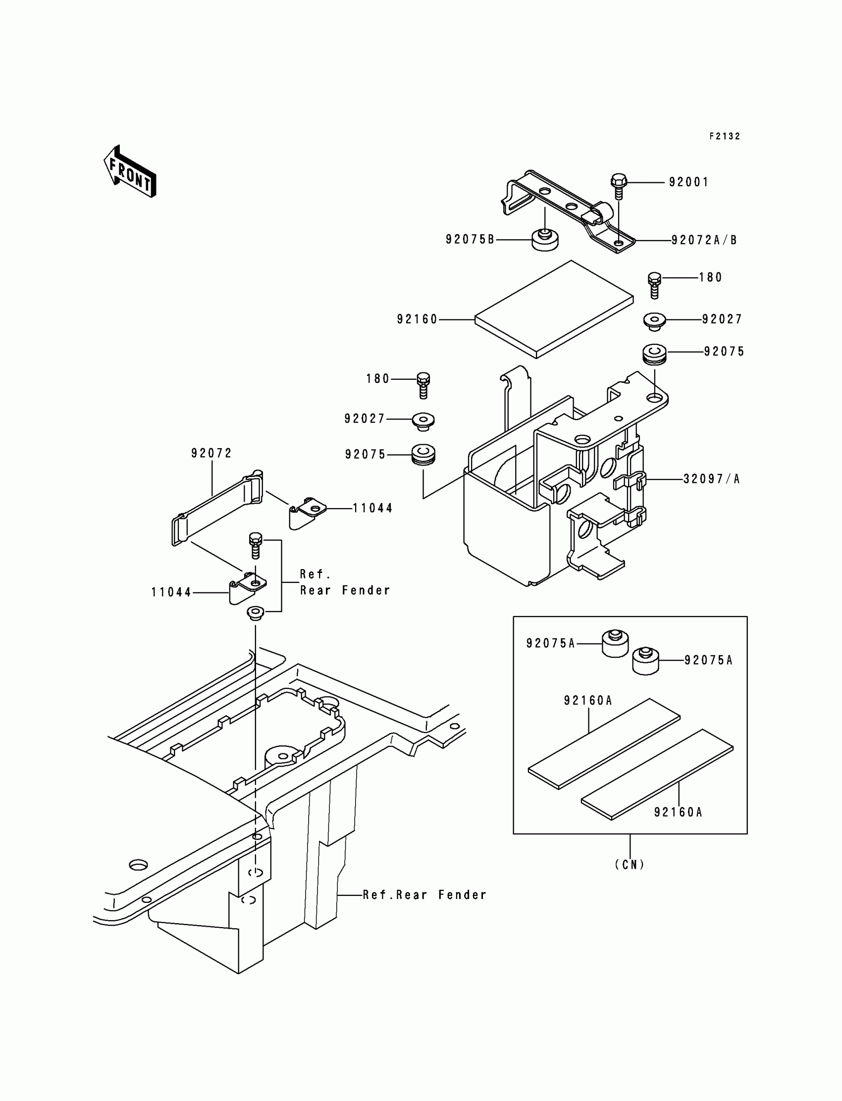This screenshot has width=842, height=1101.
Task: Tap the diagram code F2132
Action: [724, 136]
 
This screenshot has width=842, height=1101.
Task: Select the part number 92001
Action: [688, 182]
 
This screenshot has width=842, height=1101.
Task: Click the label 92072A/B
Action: [704, 241]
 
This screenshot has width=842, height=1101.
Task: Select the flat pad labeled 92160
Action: [554, 309]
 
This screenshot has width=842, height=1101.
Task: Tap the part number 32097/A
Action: [712, 479]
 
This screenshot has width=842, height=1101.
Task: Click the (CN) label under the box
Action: [630, 864]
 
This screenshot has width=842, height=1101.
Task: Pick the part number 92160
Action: [418, 319]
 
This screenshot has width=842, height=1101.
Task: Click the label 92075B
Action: [470, 240]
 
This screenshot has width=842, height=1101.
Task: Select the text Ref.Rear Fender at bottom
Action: [424, 895]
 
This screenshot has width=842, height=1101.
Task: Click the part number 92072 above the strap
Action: [211, 454]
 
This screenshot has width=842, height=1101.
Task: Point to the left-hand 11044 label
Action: [171, 593]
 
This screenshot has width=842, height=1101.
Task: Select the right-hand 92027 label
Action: [722, 319]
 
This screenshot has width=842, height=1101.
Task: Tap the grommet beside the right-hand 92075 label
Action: [654, 354]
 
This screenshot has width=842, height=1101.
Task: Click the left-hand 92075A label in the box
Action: [551, 643]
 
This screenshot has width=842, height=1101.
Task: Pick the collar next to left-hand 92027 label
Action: [423, 420]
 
